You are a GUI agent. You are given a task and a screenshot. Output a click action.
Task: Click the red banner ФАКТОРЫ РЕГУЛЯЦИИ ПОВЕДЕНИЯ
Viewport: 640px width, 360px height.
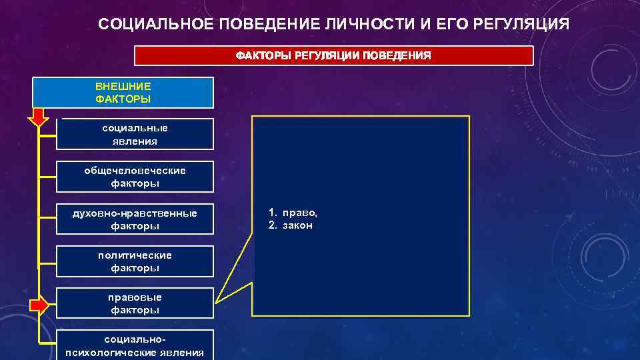click(x=333, y=56)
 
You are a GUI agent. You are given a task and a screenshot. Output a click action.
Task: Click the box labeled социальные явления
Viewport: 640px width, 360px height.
click(x=135, y=134)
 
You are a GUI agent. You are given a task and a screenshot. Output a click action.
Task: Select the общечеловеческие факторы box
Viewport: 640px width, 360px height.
click(x=135, y=177)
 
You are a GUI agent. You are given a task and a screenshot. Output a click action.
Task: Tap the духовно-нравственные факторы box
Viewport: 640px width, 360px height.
click(x=135, y=219)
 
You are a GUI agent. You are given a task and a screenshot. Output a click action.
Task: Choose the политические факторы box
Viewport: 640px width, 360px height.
click(x=135, y=261)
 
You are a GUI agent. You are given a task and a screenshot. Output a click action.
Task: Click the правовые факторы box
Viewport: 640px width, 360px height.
click(x=135, y=303)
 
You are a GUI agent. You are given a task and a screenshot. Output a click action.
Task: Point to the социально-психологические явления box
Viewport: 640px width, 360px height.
click(x=135, y=345)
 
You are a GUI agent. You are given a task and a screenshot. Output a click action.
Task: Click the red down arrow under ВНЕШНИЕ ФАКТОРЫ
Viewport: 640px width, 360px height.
click(x=37, y=118)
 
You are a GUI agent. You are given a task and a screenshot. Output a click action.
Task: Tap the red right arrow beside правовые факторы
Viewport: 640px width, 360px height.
click(x=39, y=305)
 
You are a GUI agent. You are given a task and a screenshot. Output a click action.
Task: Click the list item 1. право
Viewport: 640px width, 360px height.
click(x=293, y=213)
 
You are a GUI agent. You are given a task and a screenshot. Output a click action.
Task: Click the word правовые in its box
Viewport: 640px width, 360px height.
click(x=135, y=297)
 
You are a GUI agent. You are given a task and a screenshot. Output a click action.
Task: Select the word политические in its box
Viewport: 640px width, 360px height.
click(x=135, y=255)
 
